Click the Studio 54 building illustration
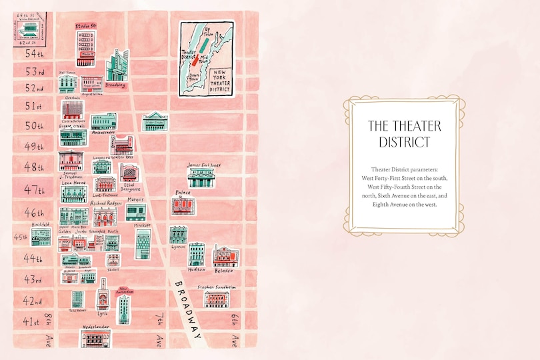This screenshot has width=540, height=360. coord(87,46)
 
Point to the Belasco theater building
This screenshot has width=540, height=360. coord(225,256)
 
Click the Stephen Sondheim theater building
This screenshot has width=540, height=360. coord(217,299)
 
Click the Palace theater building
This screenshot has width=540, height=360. coord(182,205)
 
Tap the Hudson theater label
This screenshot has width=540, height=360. coord(197,270)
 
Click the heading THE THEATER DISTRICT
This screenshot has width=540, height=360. coord(405,133)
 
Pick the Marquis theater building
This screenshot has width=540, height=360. coord(136,212)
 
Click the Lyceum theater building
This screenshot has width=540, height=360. coord(178,235)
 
